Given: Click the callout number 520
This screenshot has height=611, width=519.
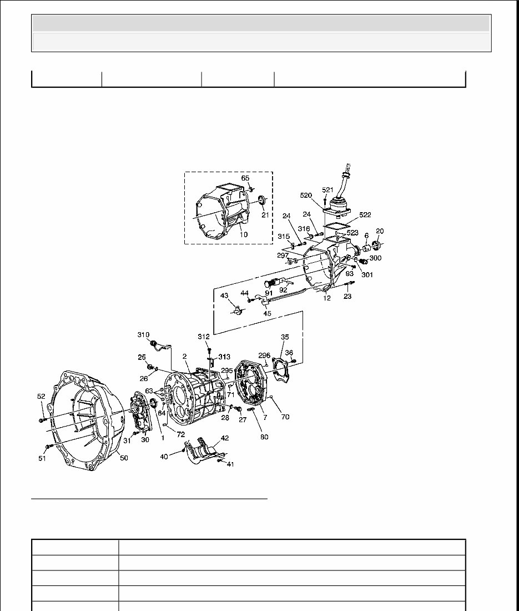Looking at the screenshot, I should [x=306, y=196].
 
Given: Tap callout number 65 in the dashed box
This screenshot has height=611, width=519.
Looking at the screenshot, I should [x=245, y=178].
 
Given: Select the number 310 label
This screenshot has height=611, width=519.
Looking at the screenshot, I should [x=144, y=334].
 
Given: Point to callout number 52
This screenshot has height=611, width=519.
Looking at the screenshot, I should [x=41, y=396].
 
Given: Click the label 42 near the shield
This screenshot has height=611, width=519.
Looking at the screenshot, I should [x=225, y=438].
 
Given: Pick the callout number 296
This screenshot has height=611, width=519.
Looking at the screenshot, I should [x=264, y=355].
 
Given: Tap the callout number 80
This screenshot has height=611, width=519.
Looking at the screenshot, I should [x=264, y=437].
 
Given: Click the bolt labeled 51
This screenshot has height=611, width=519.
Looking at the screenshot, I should [x=48, y=446].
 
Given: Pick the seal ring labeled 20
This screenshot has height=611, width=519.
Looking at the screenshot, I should [x=377, y=245].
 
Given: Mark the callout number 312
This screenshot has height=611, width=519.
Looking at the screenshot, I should [x=204, y=337].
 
